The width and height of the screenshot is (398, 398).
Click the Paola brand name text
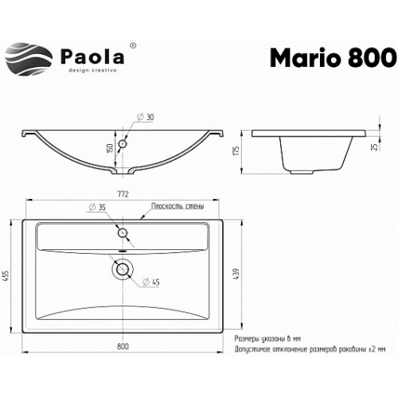point(92,57)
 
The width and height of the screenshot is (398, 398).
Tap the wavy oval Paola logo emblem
point(29,59)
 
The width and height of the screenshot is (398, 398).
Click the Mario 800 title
point(334,58)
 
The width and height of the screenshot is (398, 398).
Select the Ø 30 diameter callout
point(146,117)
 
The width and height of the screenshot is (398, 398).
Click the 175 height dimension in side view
point(236,150)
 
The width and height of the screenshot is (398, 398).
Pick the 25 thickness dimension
point(375,147)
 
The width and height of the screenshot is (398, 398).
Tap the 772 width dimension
point(123,194)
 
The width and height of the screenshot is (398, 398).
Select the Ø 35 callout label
point(97,207)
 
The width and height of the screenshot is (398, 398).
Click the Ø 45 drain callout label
point(151,282)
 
